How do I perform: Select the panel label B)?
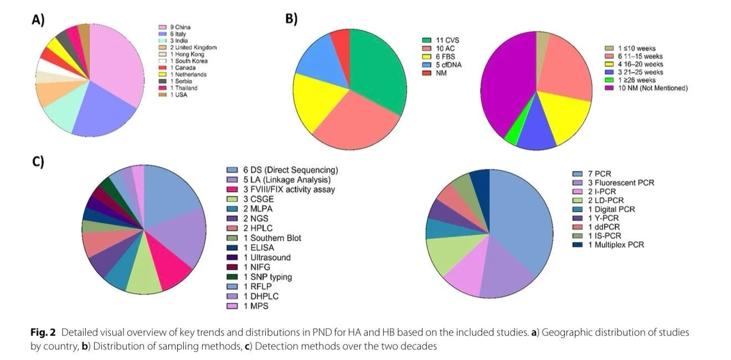(291, 19)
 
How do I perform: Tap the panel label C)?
(38, 162)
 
